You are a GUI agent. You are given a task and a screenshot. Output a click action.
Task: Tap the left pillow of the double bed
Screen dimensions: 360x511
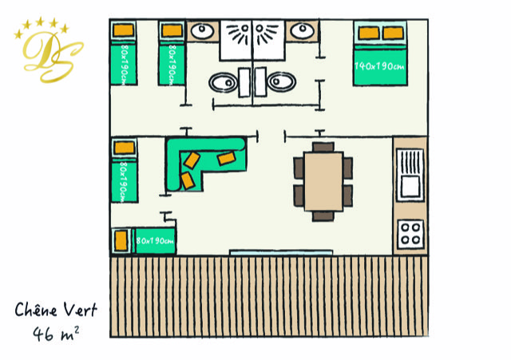[368, 34]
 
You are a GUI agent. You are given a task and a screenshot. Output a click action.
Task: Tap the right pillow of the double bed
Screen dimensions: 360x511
[394, 34]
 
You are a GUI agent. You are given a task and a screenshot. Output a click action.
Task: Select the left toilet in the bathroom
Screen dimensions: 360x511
[224, 81]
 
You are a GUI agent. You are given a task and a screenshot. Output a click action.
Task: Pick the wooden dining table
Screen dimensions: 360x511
[323, 181]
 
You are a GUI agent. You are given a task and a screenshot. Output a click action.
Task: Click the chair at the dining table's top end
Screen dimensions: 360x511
[323, 147]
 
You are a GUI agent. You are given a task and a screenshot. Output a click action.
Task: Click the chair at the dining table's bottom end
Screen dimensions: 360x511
[323, 215]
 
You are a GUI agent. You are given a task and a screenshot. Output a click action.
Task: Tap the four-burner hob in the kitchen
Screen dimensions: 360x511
[410, 233]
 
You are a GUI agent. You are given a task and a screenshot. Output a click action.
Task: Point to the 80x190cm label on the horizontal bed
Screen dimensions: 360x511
[154, 239]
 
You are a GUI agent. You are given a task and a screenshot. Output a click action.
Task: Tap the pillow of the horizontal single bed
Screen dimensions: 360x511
[121, 239]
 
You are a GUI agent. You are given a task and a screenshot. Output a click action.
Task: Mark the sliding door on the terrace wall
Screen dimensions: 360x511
[280, 253]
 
